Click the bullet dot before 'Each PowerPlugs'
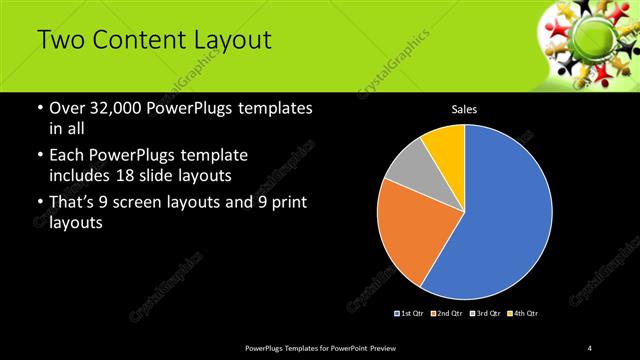[38, 157]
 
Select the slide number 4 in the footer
[590, 347]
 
